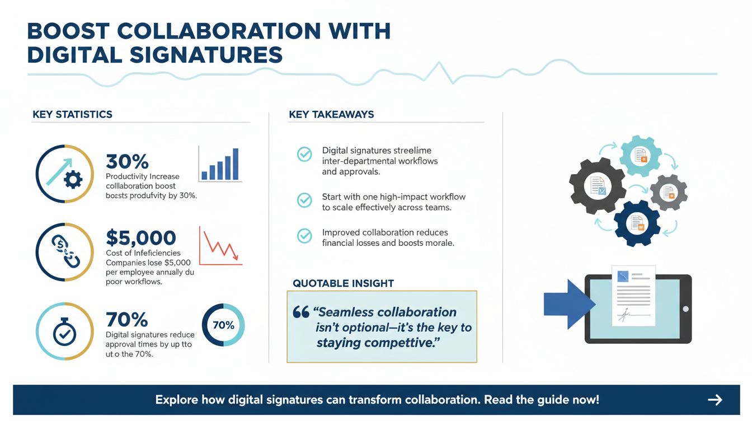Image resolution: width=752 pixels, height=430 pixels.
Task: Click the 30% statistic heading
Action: (x=127, y=162)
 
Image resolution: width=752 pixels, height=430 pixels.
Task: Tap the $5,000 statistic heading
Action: (x=140, y=238)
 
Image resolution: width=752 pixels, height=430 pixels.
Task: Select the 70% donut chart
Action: (x=223, y=325)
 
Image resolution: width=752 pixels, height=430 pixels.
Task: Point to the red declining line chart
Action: (x=220, y=246)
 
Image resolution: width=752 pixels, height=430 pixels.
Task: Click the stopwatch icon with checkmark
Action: (x=64, y=331)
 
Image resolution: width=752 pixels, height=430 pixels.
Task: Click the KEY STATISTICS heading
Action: (x=72, y=115)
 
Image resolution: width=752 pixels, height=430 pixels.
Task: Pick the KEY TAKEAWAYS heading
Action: (x=331, y=115)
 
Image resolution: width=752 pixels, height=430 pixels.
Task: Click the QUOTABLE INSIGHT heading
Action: (x=343, y=283)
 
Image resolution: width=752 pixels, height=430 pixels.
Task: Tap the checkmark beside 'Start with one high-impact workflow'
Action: (x=304, y=200)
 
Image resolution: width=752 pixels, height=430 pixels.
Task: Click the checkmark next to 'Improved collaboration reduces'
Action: (x=304, y=236)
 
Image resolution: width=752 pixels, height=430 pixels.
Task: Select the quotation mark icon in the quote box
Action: (x=300, y=312)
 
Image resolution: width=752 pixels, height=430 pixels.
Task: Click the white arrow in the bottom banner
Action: (x=715, y=400)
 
